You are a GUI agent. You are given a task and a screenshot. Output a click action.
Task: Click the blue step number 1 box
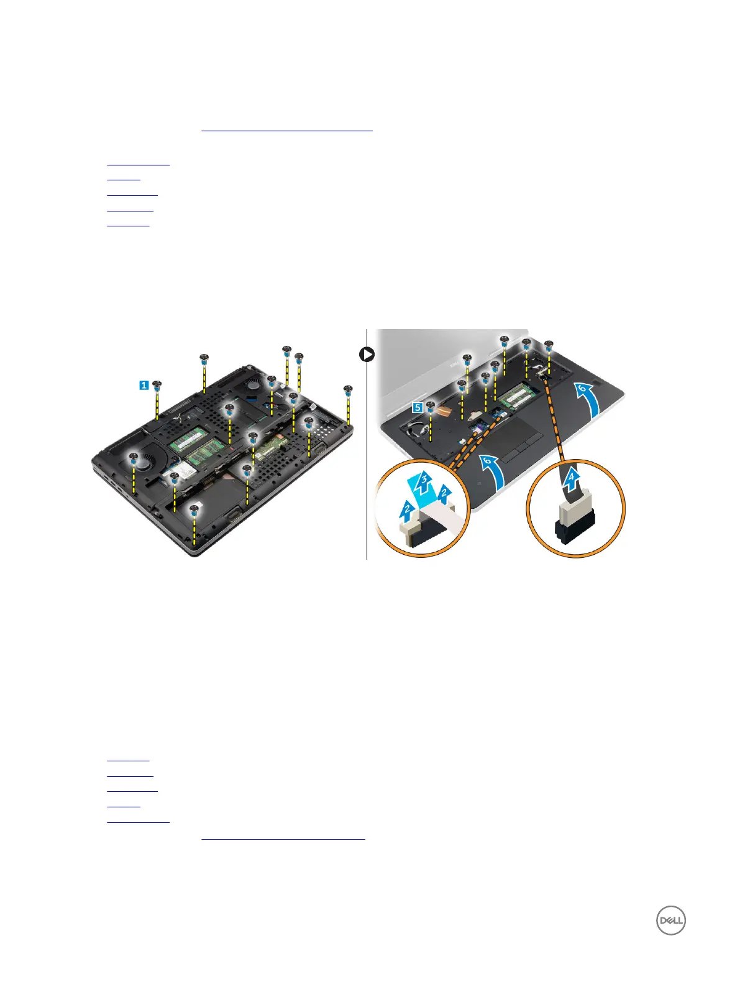(144, 386)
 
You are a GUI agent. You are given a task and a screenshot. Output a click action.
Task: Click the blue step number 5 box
(418, 407)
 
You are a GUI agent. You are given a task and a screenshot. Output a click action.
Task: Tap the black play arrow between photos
(367, 355)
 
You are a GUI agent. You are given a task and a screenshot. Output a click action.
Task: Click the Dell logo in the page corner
(670, 921)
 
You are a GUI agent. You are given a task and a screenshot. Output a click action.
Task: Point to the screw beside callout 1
(157, 385)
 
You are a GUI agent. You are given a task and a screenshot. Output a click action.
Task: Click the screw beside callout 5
(430, 406)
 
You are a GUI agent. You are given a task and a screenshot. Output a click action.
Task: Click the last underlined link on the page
(283, 838)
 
